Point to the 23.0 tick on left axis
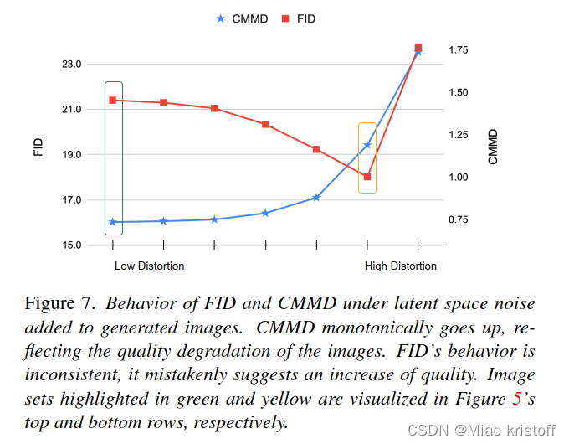coord(70,65)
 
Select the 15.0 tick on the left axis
coord(70,245)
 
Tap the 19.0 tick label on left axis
coord(70,155)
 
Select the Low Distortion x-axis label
coord(149,266)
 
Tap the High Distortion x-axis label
coord(401,266)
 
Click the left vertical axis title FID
coord(38,147)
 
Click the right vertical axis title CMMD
coord(493,147)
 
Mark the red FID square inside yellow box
coord(367,177)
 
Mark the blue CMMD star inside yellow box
coord(367,145)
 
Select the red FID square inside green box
coord(112,101)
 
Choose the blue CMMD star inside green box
coord(112,222)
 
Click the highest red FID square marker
coord(418,49)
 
